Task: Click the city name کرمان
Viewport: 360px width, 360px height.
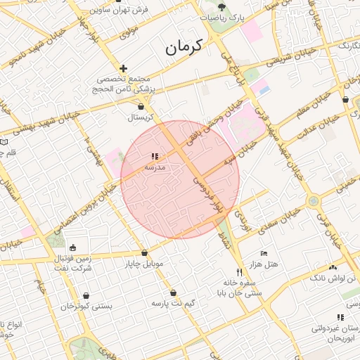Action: tap(184, 47)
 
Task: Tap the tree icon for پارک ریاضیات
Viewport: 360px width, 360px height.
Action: tap(223, 6)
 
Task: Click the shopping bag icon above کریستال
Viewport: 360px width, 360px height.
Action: tap(142, 107)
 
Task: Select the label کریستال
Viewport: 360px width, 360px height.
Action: tap(142, 117)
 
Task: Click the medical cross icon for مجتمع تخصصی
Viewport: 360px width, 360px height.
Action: tap(124, 69)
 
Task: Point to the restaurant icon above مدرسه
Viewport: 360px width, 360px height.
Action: tap(155, 157)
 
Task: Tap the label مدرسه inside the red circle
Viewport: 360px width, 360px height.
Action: tap(155, 168)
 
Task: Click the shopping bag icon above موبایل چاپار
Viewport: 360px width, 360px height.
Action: tap(144, 252)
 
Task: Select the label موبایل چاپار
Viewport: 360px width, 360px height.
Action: tap(143, 264)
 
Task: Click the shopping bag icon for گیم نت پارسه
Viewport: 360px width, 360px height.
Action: tap(173, 292)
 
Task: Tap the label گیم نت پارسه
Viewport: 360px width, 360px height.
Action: tap(173, 303)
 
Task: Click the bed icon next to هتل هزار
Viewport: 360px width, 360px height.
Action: tap(264, 253)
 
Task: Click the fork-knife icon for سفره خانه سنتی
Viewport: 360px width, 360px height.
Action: tap(239, 272)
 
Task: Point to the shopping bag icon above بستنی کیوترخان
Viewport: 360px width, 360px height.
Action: tap(86, 296)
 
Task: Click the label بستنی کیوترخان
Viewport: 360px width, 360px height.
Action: tap(86, 307)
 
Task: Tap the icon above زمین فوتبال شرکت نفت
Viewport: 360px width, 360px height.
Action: tap(73, 247)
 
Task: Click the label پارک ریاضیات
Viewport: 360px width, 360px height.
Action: tap(223, 18)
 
